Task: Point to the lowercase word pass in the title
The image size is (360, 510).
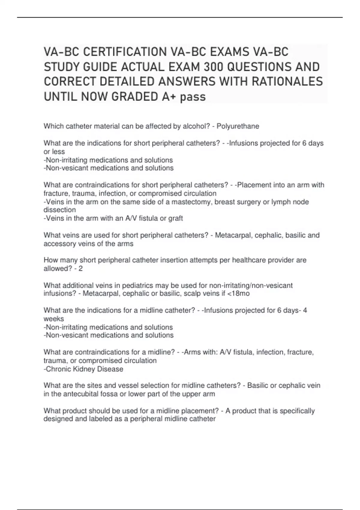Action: (193, 97)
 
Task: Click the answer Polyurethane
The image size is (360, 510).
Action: (238, 126)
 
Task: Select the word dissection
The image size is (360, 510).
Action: (59, 210)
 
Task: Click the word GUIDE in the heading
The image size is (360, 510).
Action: (101, 67)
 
